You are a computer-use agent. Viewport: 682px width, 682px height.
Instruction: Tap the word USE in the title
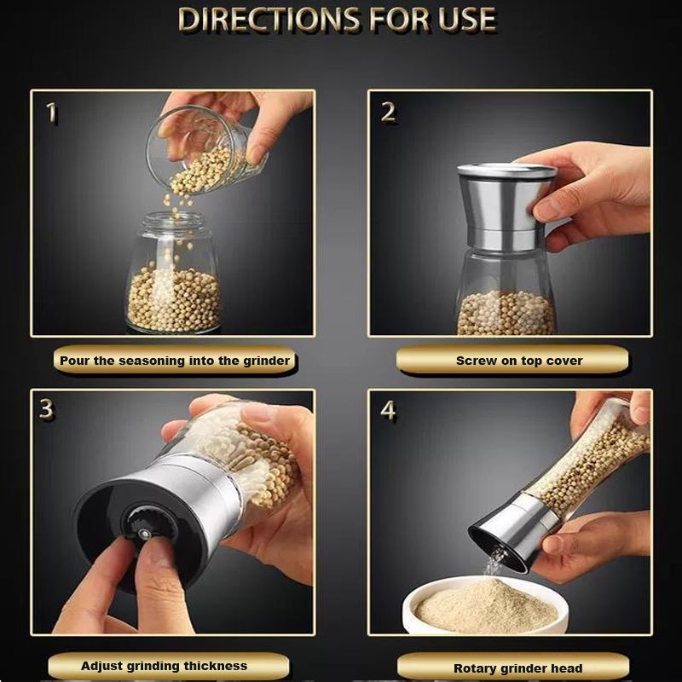[467, 20]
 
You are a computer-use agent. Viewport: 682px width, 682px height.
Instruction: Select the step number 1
[52, 113]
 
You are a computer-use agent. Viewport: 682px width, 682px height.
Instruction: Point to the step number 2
[388, 113]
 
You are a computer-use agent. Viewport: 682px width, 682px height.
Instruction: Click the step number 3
[46, 408]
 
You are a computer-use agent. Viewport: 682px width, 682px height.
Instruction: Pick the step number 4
[389, 410]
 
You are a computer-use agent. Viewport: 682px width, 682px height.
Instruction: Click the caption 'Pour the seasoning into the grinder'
[175, 361]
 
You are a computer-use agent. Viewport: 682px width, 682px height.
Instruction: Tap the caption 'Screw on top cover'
[519, 361]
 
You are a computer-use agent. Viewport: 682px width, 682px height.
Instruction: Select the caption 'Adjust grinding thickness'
[164, 666]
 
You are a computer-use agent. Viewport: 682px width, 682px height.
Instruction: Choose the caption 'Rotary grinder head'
[517, 668]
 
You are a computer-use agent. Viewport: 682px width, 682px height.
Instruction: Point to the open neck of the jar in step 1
[174, 222]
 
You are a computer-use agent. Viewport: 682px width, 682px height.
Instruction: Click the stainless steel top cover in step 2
[506, 206]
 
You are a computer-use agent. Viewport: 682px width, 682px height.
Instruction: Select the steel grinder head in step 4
[513, 531]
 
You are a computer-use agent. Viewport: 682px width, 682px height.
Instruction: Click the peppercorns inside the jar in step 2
[506, 313]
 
